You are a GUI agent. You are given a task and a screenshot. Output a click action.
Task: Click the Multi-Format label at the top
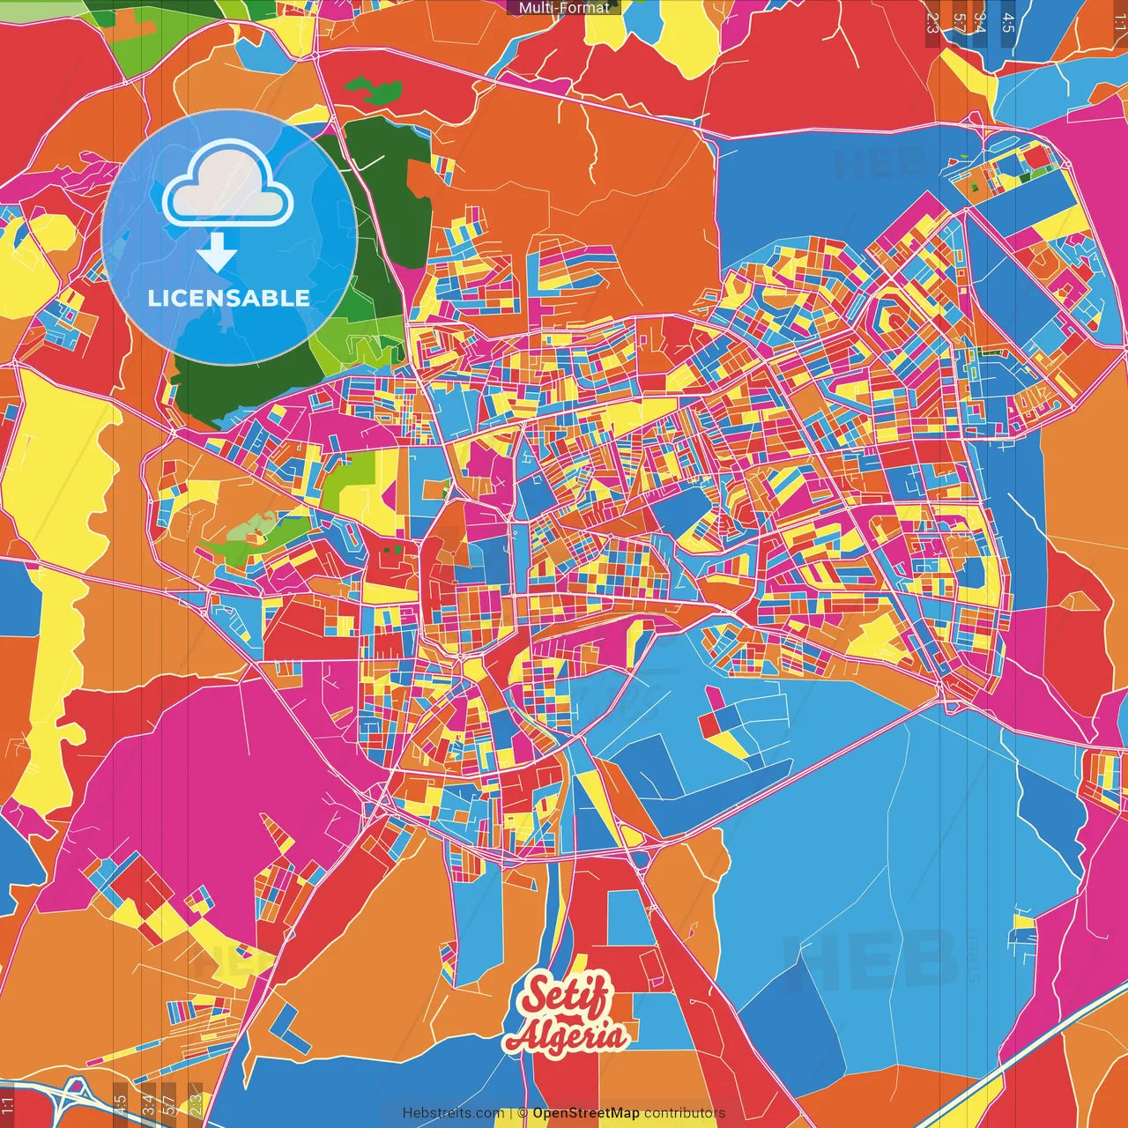tap(564, 8)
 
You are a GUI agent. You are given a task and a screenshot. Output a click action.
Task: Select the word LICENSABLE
tap(228, 298)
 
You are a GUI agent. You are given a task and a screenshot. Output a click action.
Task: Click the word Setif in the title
tap(565, 997)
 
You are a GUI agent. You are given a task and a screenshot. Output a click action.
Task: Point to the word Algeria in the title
tap(568, 1036)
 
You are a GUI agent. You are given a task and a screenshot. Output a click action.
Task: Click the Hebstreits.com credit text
tap(453, 1113)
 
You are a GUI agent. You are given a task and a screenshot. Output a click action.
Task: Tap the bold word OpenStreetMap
tap(586, 1113)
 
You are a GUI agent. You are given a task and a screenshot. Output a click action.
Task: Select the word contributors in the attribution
tap(685, 1113)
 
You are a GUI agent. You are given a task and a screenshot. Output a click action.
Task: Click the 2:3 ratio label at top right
tap(932, 22)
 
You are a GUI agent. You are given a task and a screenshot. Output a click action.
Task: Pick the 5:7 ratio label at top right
tap(959, 22)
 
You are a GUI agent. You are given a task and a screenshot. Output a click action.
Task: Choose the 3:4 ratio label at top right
tap(980, 22)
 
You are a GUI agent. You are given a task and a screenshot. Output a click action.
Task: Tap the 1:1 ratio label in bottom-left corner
tap(8, 1105)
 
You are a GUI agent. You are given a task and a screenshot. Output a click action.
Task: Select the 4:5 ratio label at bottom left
tap(121, 1103)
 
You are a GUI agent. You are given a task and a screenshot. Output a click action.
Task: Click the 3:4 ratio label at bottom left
tap(148, 1103)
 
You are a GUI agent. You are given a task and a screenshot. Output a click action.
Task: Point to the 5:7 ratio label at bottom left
tap(170, 1103)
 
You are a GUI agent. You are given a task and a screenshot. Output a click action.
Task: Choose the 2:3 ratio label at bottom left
tap(196, 1103)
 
